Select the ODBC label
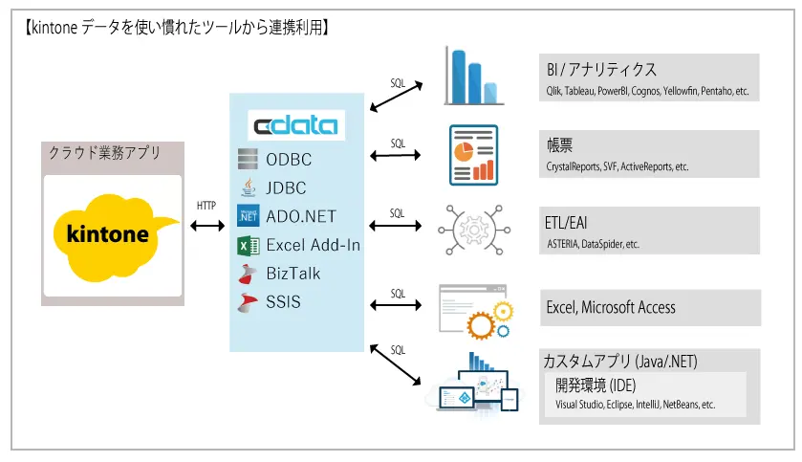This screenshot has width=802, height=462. pyautogui.click(x=289, y=160)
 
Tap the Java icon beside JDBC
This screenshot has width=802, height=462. pyautogui.click(x=249, y=187)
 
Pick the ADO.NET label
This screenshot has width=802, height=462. pyautogui.click(x=301, y=216)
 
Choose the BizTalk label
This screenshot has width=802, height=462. pyautogui.click(x=293, y=273)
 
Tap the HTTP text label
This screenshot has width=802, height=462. pyautogui.click(x=206, y=206)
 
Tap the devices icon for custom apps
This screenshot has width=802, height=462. pyautogui.click(x=476, y=383)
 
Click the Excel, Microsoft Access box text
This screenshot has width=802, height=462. pyautogui.click(x=611, y=308)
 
